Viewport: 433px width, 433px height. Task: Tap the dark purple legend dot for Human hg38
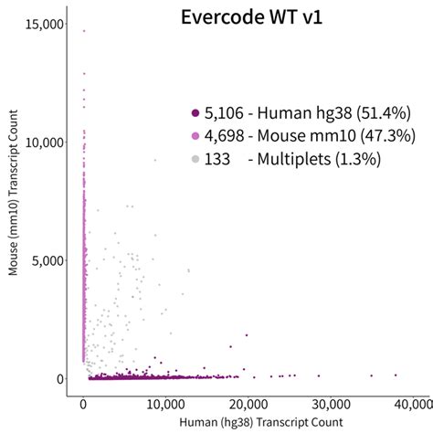195,113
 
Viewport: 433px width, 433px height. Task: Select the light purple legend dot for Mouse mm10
195,136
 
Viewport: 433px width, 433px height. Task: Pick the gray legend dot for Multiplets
195,159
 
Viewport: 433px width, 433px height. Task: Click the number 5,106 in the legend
224,113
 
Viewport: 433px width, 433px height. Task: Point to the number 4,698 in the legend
224,136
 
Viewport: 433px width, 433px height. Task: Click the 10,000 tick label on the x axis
165,404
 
